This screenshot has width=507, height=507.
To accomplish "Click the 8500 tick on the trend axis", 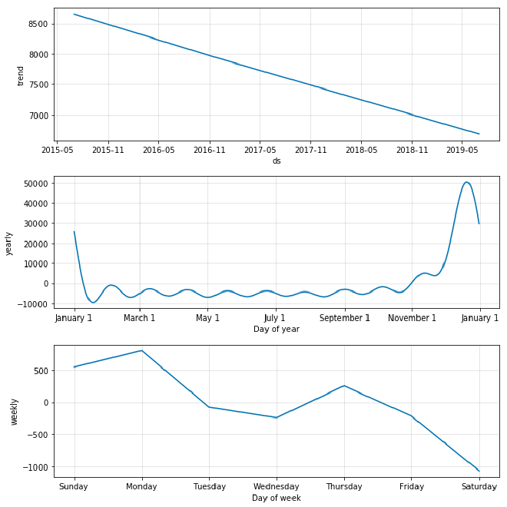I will click(38, 24).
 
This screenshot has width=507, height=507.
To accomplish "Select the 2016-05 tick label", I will click(158, 151).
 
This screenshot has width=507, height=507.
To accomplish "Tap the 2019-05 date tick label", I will click(462, 151).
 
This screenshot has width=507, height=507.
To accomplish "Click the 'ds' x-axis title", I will click(277, 161).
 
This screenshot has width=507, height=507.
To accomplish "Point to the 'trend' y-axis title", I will click(21, 75).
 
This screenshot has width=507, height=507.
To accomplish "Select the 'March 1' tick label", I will click(140, 319).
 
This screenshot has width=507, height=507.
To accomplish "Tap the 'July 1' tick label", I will click(275, 319).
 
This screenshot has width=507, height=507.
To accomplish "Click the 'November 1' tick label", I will click(412, 319).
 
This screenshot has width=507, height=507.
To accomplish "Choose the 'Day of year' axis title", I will click(277, 330).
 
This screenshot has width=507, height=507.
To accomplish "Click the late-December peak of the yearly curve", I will click(467, 182).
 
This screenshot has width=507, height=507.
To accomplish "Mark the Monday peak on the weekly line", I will click(141, 350).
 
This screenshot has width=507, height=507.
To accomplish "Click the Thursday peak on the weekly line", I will click(344, 386).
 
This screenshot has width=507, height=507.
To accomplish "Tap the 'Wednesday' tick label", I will click(277, 486).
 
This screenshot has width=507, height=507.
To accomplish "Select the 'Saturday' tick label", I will click(479, 486).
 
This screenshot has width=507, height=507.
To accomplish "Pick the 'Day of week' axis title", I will click(277, 498).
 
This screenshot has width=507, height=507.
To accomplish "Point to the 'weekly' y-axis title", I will click(14, 411).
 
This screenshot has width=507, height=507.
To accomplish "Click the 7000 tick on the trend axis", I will click(38, 116).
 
